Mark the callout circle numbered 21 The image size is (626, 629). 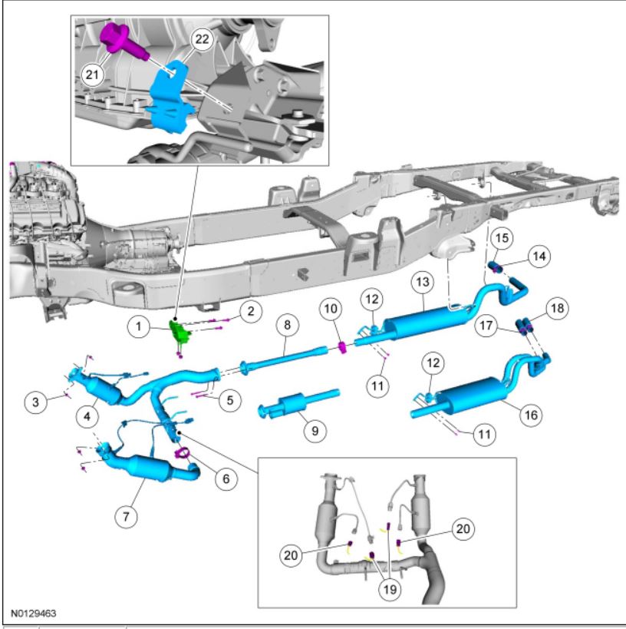(x=93, y=74)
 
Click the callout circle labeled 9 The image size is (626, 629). (x=314, y=431)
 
